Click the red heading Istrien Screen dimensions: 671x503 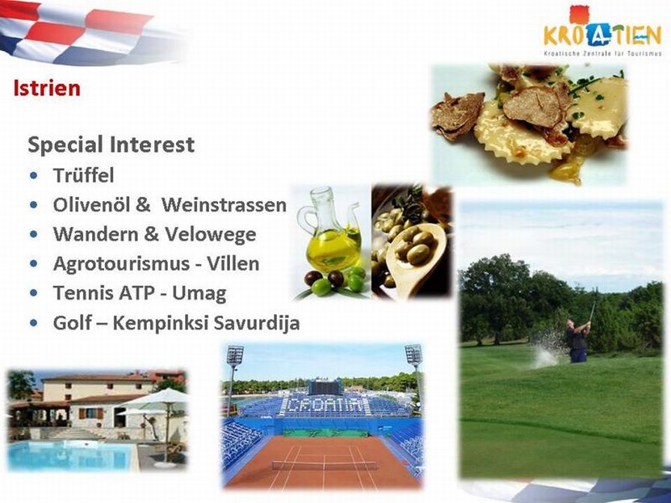(x=46, y=88)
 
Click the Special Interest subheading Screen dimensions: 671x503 (x=112, y=144)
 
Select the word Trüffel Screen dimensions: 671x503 (x=83, y=175)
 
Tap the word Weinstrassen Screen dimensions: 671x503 (x=224, y=204)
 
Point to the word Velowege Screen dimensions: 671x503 (x=210, y=235)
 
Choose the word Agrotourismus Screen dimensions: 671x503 (x=121, y=264)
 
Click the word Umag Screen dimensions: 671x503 (x=199, y=294)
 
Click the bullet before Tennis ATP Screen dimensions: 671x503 (x=34, y=293)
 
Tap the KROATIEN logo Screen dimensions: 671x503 (x=603, y=31)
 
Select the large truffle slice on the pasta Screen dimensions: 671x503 (x=532, y=106)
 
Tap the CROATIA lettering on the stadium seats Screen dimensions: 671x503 (x=325, y=406)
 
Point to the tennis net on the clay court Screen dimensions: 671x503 (x=325, y=466)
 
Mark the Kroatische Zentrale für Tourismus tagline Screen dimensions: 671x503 (x=603, y=54)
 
